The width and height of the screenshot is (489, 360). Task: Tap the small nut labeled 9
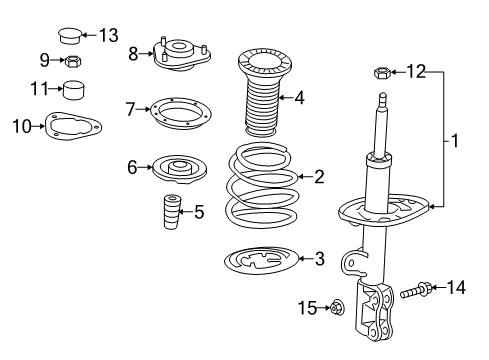coord(72,61)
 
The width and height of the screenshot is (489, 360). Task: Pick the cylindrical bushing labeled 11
coord(72,90)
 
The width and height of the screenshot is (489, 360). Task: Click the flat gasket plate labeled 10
coord(69,126)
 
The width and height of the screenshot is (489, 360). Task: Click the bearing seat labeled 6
coord(180,168)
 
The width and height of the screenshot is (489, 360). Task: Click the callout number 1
coord(454,141)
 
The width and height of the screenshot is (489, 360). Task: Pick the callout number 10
coord(20,126)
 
